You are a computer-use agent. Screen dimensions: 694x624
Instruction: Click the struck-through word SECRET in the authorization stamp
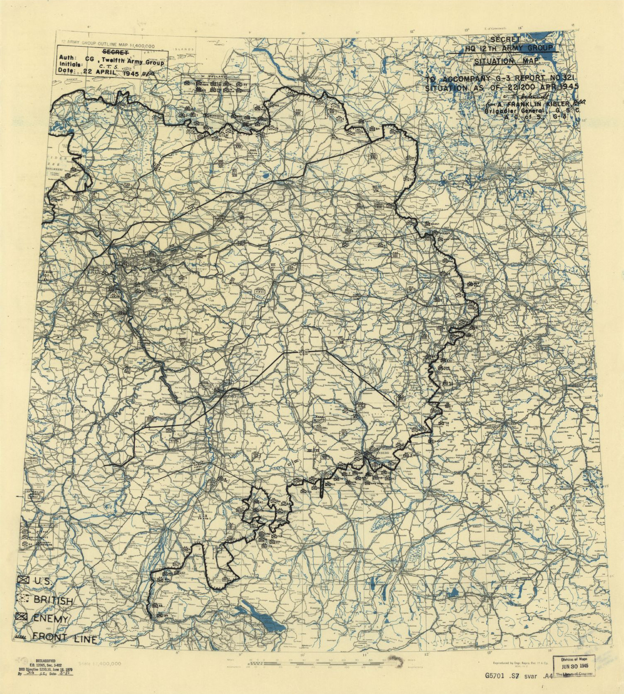(115, 52)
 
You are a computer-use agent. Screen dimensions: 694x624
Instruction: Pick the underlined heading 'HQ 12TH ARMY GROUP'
(509, 49)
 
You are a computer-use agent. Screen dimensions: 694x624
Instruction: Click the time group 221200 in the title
(518, 87)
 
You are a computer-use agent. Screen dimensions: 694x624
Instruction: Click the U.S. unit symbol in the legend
(23, 580)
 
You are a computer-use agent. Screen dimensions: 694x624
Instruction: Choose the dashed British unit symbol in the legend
(23, 599)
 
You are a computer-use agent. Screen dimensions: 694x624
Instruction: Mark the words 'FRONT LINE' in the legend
(65, 638)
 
